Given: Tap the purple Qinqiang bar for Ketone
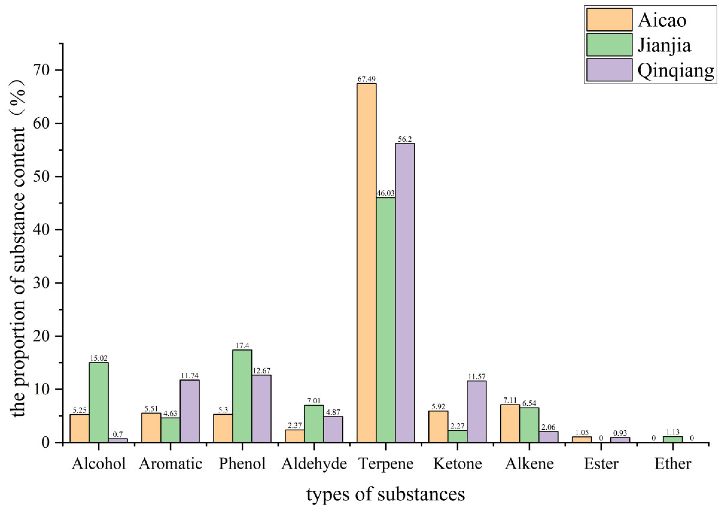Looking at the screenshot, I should coord(477,412).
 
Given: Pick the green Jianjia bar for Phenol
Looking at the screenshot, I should coord(242,396).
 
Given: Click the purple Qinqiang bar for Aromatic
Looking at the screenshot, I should coord(189,411).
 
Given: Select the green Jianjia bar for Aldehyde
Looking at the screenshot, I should coord(314,424).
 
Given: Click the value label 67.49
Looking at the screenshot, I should coord(366,79).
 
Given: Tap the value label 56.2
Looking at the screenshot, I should coord(405,139).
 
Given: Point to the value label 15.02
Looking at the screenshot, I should coord(99,358).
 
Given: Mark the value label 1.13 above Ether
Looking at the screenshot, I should coord(672,432).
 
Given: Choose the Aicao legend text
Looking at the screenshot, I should coord(662,20).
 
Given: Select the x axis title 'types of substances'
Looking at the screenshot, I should coord(386,495).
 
